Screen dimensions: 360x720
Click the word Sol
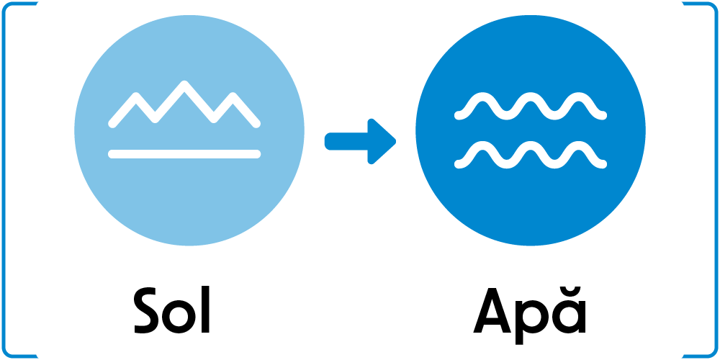coord(172,311)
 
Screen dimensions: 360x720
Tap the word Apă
coord(530,311)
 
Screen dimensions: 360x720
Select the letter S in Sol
coord(149,312)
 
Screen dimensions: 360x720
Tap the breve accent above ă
coord(570,292)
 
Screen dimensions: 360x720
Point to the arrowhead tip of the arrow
coord(394,141)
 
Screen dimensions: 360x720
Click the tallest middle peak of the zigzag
coord(186,84)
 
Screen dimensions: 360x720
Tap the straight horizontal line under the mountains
coord(184,153)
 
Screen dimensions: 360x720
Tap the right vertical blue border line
coord(715,180)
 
